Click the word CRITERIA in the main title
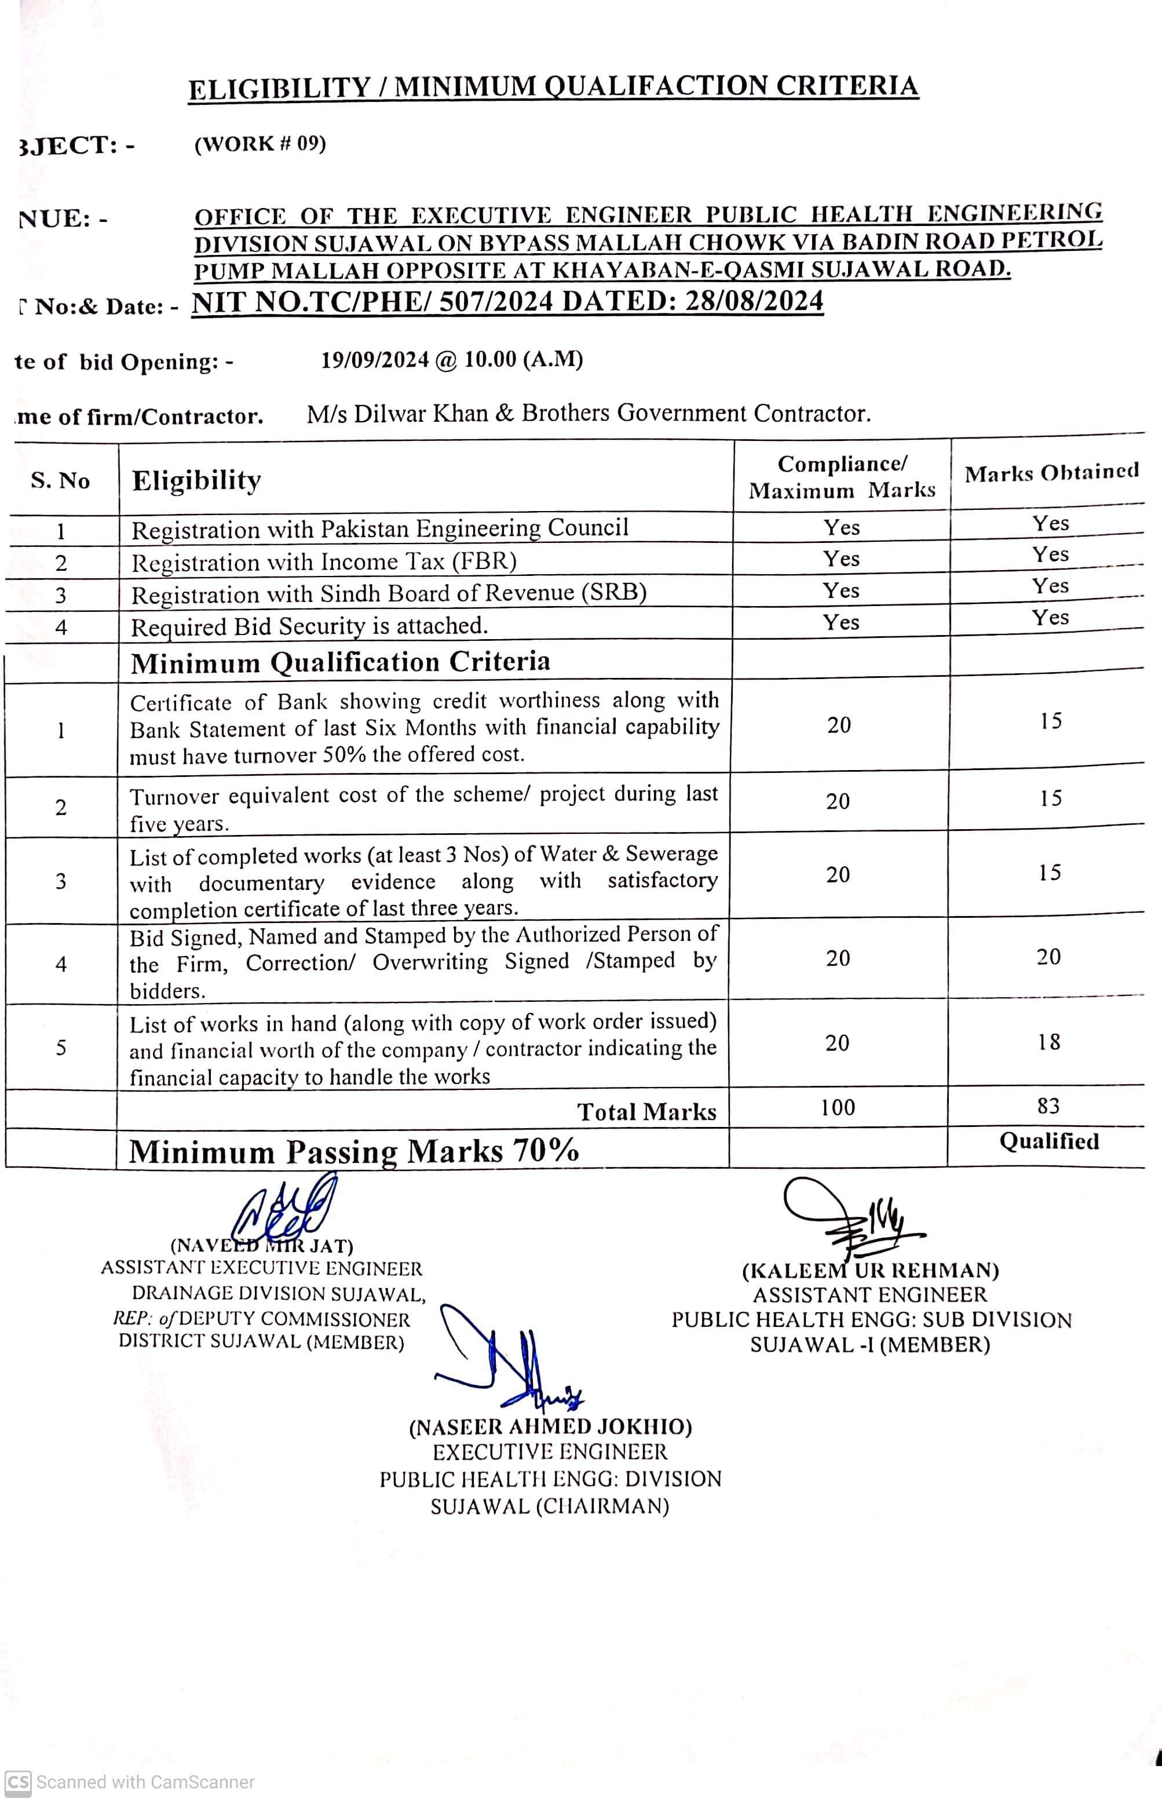pyautogui.click(x=847, y=85)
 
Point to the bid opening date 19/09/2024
pyautogui.click(x=375, y=359)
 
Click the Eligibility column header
pyautogui.click(x=196, y=480)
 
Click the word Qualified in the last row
pyautogui.click(x=1049, y=1141)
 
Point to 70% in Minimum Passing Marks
pyautogui.click(x=546, y=1151)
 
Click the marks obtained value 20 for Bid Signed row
pyautogui.click(x=1048, y=956)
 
